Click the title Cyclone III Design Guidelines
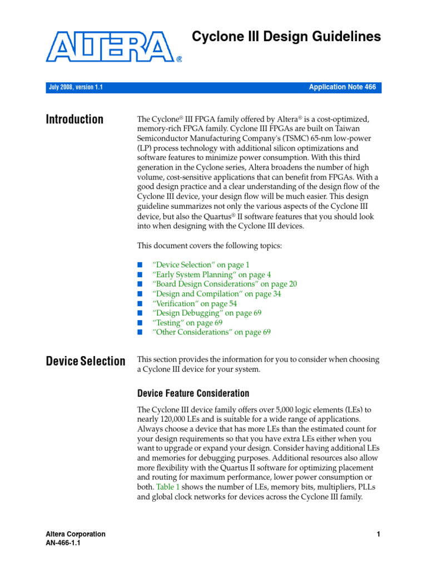point(286,37)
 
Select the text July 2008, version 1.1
point(75,88)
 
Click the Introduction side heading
point(75,119)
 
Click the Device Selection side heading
point(85,361)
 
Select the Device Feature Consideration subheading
point(193,393)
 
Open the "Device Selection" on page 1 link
point(201,265)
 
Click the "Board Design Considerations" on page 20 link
point(225,284)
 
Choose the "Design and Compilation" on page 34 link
point(216,293)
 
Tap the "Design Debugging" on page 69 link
point(207,313)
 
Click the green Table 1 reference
point(165,487)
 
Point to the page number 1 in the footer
point(378,535)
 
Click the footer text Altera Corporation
point(75,534)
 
